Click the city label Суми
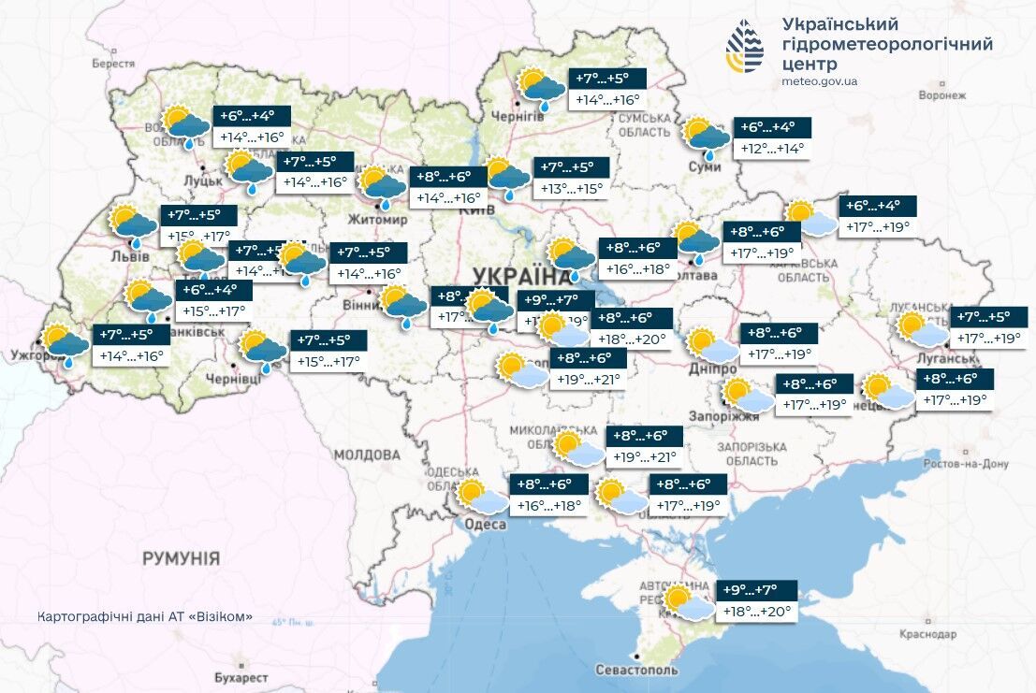pyautogui.click(x=710, y=166)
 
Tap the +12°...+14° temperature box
pyautogui.click(x=772, y=148)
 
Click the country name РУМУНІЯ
pyautogui.click(x=181, y=558)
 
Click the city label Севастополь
pyautogui.click(x=636, y=670)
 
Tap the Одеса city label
pyautogui.click(x=485, y=525)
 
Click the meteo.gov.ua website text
pyautogui.click(x=819, y=81)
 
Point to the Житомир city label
pyautogui.click(x=378, y=220)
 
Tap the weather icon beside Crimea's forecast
pyautogui.click(x=686, y=602)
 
